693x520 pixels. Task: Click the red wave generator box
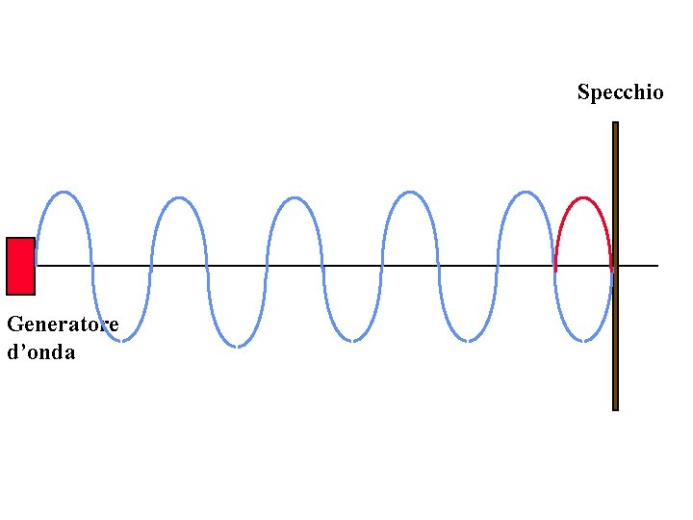[x=20, y=266]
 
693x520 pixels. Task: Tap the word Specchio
[x=620, y=92]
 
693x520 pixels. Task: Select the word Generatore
[x=63, y=325]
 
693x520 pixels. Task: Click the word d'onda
[x=40, y=352]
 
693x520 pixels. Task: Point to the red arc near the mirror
[x=583, y=199]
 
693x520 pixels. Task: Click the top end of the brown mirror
[x=615, y=125]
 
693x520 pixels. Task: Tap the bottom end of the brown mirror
[x=615, y=406]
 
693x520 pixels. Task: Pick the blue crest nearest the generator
[x=64, y=193]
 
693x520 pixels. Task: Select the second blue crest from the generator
[x=178, y=198]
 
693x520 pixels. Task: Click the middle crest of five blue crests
[x=294, y=198]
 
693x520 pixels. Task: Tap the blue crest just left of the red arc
[x=525, y=193]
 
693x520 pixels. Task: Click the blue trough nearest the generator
[x=121, y=339]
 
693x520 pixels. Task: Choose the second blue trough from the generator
[x=237, y=345]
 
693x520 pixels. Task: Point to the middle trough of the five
[x=352, y=340]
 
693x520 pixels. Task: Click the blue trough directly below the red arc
[x=583, y=340]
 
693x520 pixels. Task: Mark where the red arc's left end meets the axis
[x=555, y=266]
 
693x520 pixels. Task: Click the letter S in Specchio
[x=583, y=92]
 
